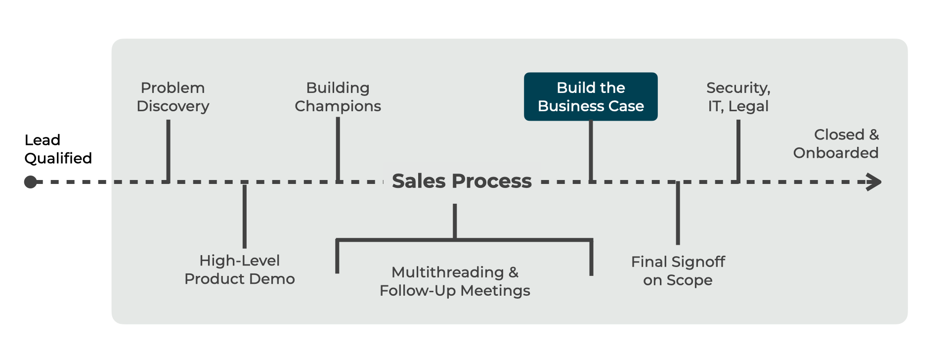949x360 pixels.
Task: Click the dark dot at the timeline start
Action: (x=31, y=182)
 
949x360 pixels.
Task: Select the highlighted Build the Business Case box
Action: (x=591, y=96)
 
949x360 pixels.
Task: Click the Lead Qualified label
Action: (x=58, y=149)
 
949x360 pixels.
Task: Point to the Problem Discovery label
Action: (x=173, y=97)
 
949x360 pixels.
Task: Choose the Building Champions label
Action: (x=338, y=97)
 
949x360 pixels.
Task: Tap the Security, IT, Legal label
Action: (x=738, y=97)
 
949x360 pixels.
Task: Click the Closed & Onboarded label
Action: (x=836, y=143)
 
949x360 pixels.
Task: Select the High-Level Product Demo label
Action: (x=240, y=270)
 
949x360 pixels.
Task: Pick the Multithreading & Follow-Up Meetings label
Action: (x=455, y=281)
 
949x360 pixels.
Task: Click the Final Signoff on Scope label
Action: (x=678, y=270)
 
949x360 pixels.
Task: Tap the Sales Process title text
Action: (x=462, y=181)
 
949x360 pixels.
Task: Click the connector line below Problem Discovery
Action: (x=169, y=150)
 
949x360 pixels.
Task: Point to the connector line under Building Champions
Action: (x=338, y=148)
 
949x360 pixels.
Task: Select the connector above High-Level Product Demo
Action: (x=245, y=216)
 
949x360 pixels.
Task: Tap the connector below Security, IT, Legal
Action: (x=738, y=150)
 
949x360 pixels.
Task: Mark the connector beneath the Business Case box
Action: (x=591, y=150)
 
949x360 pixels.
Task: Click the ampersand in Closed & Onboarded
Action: (x=874, y=135)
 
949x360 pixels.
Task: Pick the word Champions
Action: (x=338, y=106)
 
